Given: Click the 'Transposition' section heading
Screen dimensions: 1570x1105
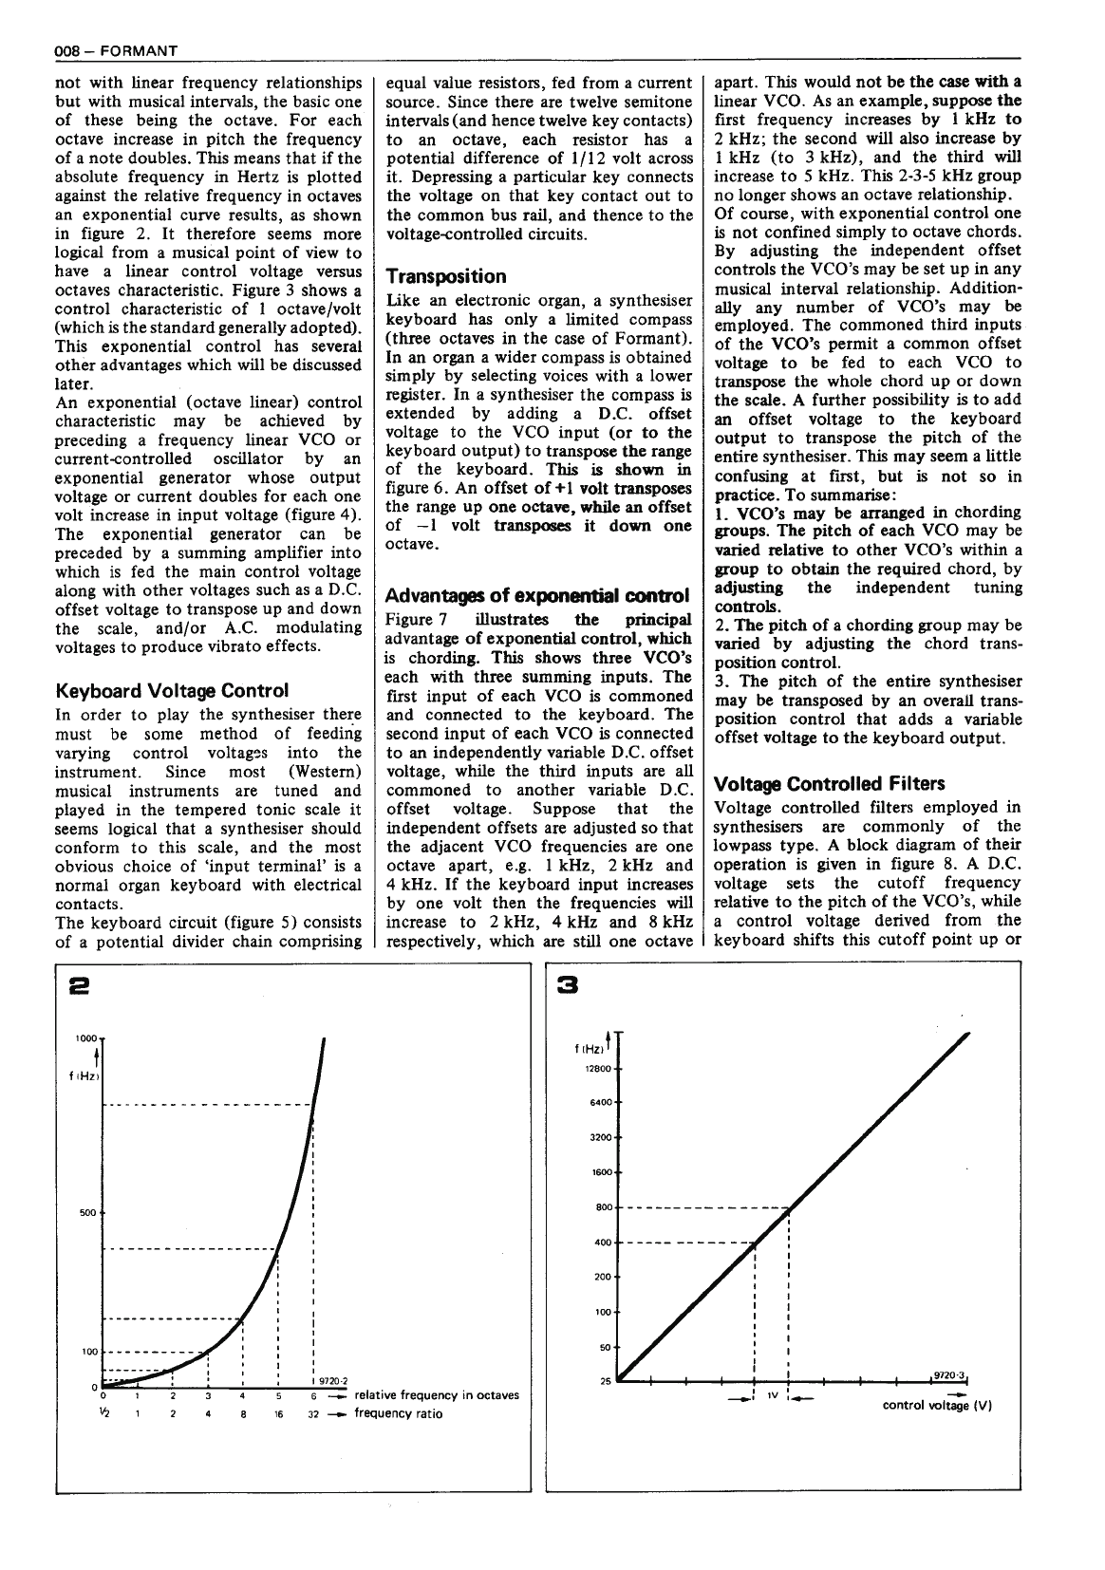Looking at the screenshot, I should click(446, 276).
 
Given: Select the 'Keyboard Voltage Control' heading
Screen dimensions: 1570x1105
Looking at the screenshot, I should click(172, 690).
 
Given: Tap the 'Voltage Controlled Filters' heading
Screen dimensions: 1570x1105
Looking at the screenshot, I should click(829, 783).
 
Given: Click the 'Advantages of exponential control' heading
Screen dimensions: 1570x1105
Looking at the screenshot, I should click(536, 595).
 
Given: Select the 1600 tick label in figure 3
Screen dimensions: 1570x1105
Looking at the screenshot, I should click(600, 1172).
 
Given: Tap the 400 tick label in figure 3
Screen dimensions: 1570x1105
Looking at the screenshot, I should click(602, 1243).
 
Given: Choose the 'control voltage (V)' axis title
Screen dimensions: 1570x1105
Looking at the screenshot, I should click(937, 1405).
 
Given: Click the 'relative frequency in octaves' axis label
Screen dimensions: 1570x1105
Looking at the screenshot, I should click(436, 1394).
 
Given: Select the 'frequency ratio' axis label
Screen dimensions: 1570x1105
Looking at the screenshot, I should click(398, 1413).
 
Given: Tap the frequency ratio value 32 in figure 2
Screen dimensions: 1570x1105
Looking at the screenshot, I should click(312, 1413).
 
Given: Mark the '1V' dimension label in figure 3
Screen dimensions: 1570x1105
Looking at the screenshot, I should click(773, 1396).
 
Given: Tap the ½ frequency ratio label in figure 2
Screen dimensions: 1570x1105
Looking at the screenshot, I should click(104, 1412).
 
